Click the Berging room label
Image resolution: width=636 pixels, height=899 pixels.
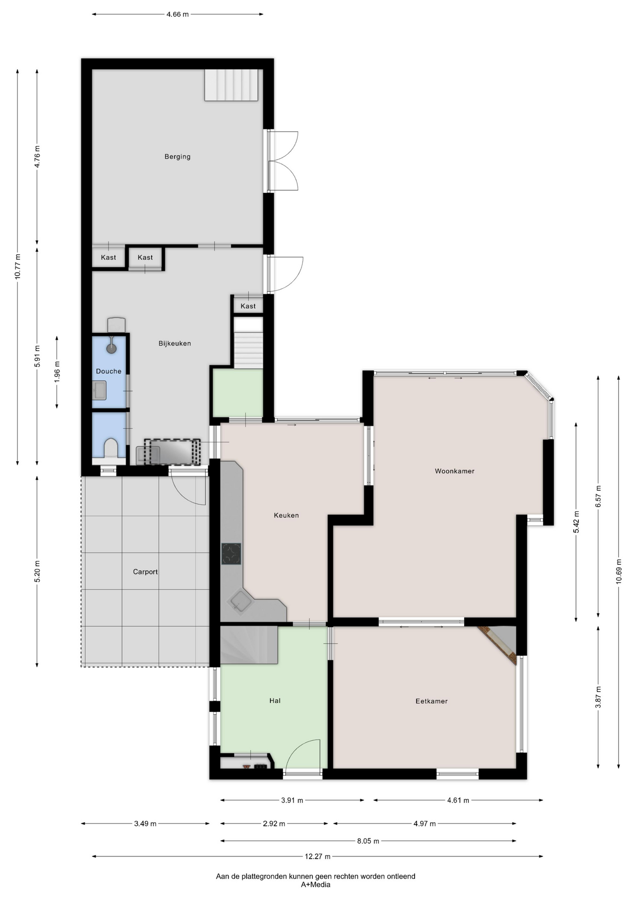click(177, 156)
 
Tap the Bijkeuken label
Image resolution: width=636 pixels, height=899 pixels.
click(175, 343)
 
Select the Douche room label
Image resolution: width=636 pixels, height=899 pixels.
click(109, 371)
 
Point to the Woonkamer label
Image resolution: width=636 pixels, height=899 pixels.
click(454, 471)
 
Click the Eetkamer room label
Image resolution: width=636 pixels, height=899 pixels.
click(431, 701)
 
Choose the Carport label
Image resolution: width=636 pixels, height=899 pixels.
click(145, 572)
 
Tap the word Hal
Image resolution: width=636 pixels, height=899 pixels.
click(275, 700)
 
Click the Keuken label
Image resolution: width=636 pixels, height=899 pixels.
click(286, 515)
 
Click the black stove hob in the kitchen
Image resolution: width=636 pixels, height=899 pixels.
click(231, 554)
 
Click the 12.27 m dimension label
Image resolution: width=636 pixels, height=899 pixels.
click(318, 856)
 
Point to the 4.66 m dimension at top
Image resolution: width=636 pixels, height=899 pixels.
click(177, 14)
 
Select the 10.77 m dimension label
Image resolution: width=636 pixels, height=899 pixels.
click(18, 266)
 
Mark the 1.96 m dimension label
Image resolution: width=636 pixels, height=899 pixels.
click(57, 372)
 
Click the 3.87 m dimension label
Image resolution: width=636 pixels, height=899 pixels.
click(598, 697)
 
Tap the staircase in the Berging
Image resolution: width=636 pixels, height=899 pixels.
click(231, 85)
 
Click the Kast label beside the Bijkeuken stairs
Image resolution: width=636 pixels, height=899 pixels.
click(248, 306)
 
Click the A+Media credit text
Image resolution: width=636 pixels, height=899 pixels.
click(316, 884)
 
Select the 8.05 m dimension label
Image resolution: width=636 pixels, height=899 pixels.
click(368, 841)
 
